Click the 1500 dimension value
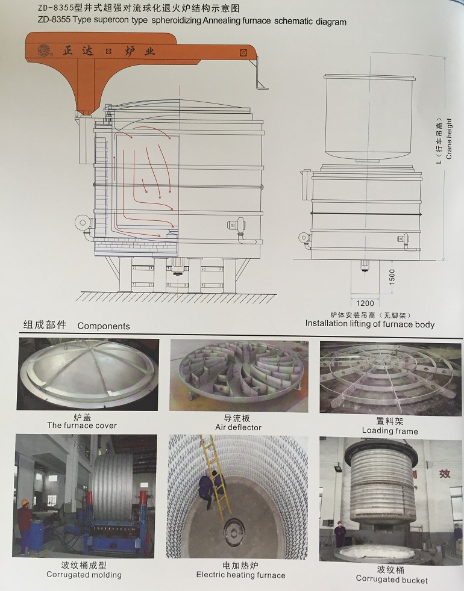[392, 277]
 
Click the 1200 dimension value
[365, 303]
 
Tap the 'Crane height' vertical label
[449, 138]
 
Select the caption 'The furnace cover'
[82, 425]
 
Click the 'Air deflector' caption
[238, 427]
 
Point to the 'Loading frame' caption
[390, 431]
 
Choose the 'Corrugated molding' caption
[84, 575]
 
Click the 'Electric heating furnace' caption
[241, 575]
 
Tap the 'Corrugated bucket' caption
[392, 580]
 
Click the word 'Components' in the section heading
[104, 326]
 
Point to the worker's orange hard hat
[25, 503]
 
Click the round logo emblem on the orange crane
[44, 50]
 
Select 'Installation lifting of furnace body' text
[370, 324]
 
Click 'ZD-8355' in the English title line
[54, 20]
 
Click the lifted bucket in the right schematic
[369, 118]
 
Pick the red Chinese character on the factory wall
[445, 474]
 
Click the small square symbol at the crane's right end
[243, 53]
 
